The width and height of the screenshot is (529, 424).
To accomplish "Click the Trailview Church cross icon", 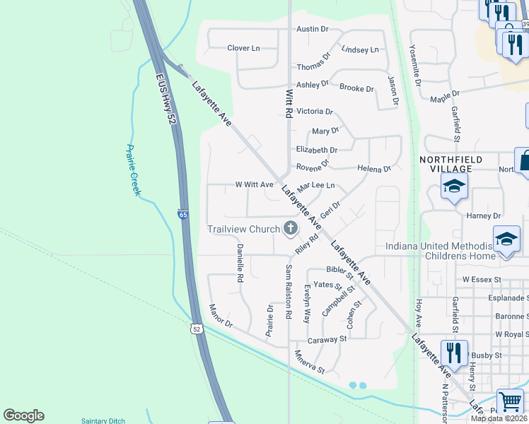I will (290, 228).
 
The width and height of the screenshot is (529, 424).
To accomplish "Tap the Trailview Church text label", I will (244, 229).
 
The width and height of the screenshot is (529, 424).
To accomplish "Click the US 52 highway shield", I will (197, 328).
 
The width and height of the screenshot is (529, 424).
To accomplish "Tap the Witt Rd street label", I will (289, 102).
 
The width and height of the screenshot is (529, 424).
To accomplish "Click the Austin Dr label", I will (313, 29).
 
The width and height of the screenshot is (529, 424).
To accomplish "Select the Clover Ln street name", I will (243, 48).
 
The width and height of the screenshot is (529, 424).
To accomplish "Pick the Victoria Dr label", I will (315, 112).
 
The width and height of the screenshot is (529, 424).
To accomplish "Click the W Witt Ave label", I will (254, 184).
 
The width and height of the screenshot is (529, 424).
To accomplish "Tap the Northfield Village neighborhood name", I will (455, 164).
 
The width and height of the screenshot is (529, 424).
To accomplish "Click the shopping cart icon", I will (510, 401).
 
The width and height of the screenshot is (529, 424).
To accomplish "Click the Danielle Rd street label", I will (240, 263).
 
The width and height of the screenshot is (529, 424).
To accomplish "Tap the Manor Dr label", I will (221, 315).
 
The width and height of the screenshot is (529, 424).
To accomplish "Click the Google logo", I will (23, 416).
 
